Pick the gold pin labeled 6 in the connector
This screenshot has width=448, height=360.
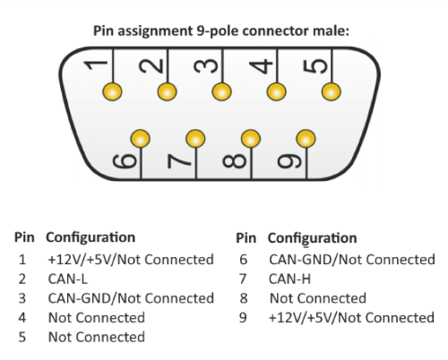tap(140, 139)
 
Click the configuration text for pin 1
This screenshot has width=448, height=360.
tap(129, 260)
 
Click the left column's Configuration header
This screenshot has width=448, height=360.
tap(90, 239)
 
